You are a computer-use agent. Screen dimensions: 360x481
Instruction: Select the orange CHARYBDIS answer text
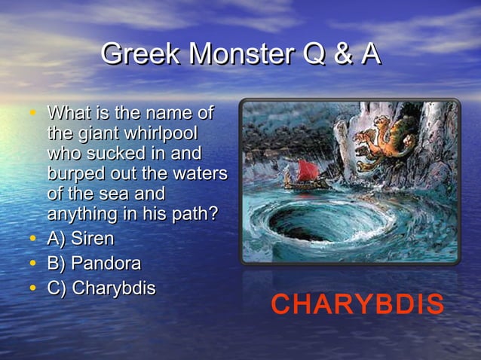pyautogui.click(x=357, y=305)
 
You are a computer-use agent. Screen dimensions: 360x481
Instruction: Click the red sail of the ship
pyautogui.click(x=306, y=169)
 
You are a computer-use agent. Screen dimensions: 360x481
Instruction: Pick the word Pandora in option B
pyautogui.click(x=106, y=264)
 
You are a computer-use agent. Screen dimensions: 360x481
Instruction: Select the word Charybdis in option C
pyautogui.click(x=114, y=288)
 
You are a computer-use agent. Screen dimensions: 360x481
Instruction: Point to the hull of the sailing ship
pyautogui.click(x=305, y=184)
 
